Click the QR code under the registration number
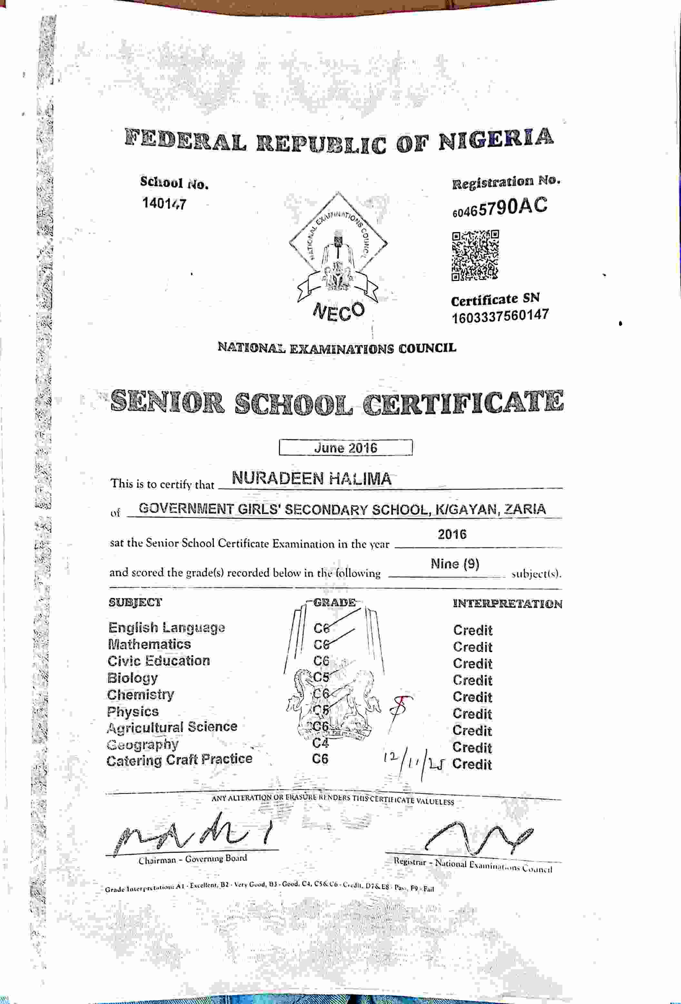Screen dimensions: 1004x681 (x=475, y=255)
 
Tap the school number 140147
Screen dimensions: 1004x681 (x=164, y=203)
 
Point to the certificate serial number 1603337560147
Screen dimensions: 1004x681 (x=500, y=316)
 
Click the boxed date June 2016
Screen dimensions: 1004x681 (x=345, y=448)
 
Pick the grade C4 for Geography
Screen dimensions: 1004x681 (x=321, y=743)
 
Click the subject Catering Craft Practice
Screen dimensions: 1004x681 (x=179, y=759)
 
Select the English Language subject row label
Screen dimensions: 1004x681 (x=166, y=628)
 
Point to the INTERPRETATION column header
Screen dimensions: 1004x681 (x=507, y=603)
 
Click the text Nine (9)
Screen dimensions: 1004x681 (x=455, y=564)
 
